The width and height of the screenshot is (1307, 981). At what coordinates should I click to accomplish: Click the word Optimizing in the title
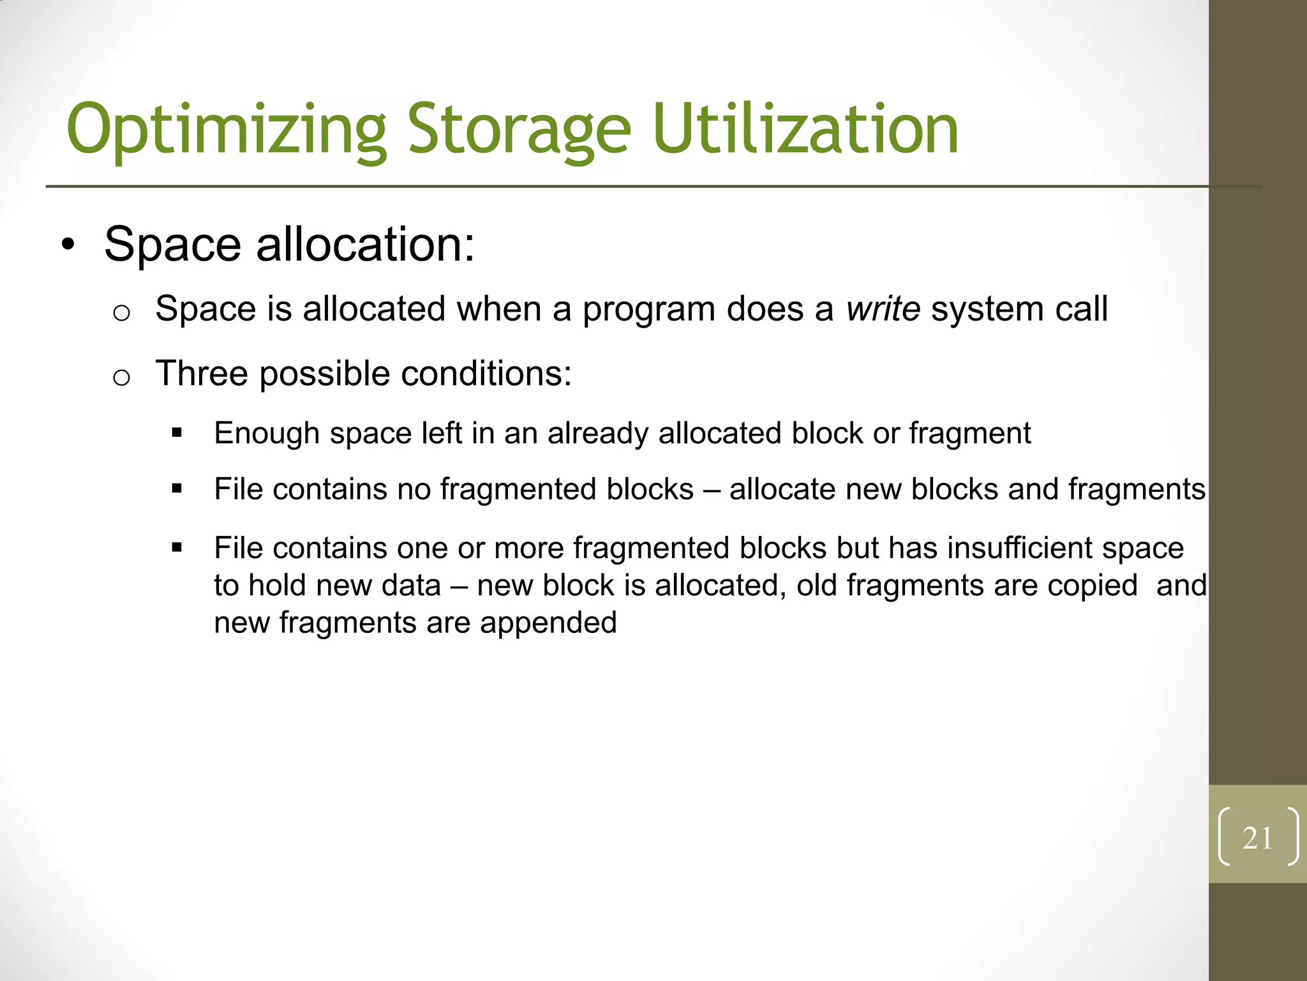227,131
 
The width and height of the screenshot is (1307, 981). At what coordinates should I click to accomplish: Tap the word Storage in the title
519,131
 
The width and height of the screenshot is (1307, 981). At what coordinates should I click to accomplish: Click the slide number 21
1257,838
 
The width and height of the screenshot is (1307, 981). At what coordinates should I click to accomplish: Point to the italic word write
883,309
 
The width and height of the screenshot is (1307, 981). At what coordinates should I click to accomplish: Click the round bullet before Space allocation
68,245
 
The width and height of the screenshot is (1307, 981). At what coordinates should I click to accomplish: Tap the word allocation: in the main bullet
365,245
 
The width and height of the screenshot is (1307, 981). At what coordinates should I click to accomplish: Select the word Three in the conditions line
202,374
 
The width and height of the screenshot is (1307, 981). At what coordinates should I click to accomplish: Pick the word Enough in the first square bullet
267,434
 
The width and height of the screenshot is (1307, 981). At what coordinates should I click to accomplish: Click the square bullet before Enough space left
177,434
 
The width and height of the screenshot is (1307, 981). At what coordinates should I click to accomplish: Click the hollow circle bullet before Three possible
121,377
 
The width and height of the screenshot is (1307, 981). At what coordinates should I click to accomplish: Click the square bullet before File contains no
177,489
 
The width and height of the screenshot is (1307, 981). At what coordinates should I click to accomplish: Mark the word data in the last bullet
410,586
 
